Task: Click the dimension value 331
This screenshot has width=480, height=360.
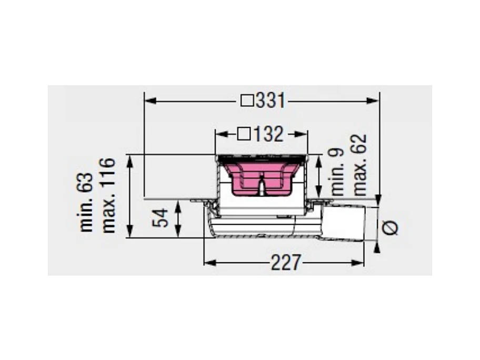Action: coord(271,101)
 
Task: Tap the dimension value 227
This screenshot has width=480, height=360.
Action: coord(286,263)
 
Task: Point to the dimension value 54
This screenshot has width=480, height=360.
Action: coord(161,218)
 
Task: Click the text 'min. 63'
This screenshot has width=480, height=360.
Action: coord(86,202)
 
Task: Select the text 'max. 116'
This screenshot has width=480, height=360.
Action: coord(108,196)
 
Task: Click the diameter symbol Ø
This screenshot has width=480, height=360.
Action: coord(391,228)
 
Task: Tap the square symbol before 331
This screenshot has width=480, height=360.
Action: coord(247,101)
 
